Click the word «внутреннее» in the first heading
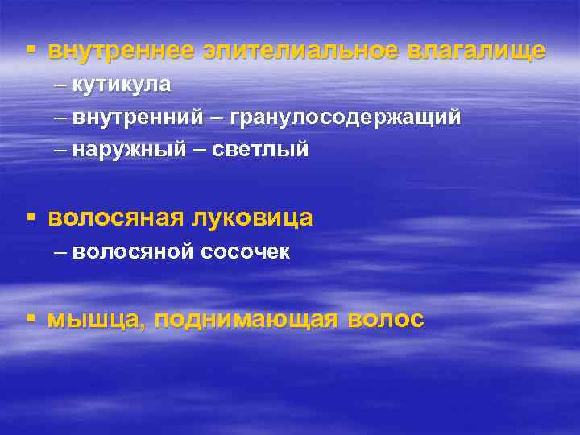point(120,51)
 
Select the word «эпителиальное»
point(301,51)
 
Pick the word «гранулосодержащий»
point(346,118)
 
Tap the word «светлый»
point(261,151)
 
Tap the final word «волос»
point(386,320)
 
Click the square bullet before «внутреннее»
point(31,50)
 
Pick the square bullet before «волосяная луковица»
point(31,217)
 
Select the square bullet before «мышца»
point(31,319)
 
